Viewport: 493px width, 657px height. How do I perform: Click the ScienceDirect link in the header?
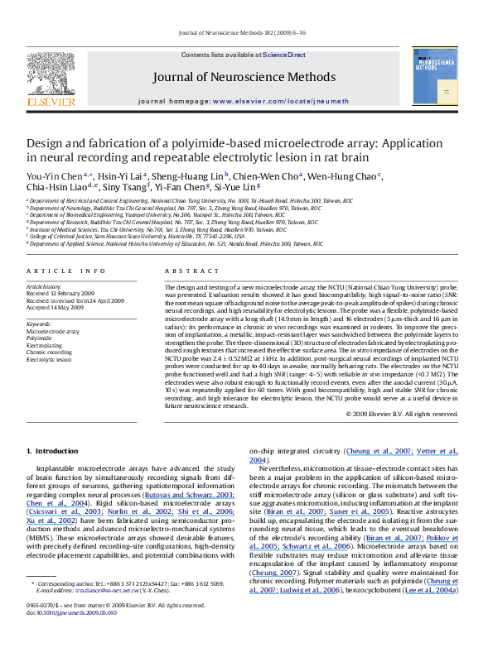[284, 55]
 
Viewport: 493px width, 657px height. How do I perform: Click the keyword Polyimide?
[38, 338]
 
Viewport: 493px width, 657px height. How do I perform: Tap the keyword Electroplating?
[43, 345]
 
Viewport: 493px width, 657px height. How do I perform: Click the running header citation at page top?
[246, 34]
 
